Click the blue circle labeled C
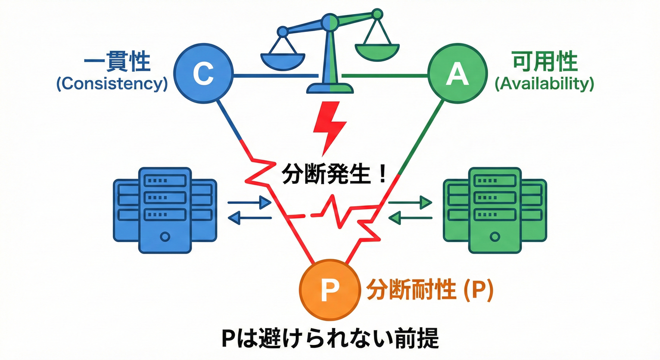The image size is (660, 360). tap(203, 74)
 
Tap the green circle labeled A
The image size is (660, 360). tap(457, 74)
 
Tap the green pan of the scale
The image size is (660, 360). tap(377, 50)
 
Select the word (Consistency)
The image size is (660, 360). tap(112, 84)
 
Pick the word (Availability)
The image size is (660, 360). tap(544, 84)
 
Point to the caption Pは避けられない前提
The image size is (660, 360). tap(330, 338)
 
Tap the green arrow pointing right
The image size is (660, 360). tap(410, 202)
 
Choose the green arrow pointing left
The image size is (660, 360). tap(410, 217)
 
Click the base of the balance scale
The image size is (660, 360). tap(330, 88)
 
